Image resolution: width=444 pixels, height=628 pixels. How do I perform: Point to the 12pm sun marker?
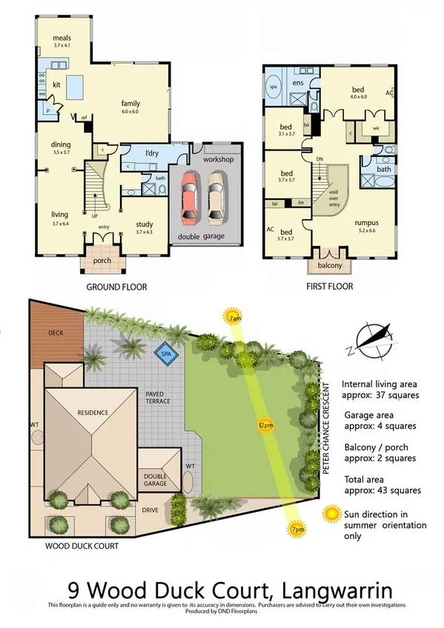(x=265, y=425)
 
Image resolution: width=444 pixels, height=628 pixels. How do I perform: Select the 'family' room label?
(x=130, y=104)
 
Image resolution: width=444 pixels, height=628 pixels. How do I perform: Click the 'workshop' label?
(x=218, y=158)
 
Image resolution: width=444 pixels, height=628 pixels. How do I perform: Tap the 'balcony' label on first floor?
(x=329, y=265)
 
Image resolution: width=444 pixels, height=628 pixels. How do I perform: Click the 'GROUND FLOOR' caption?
(x=116, y=287)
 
